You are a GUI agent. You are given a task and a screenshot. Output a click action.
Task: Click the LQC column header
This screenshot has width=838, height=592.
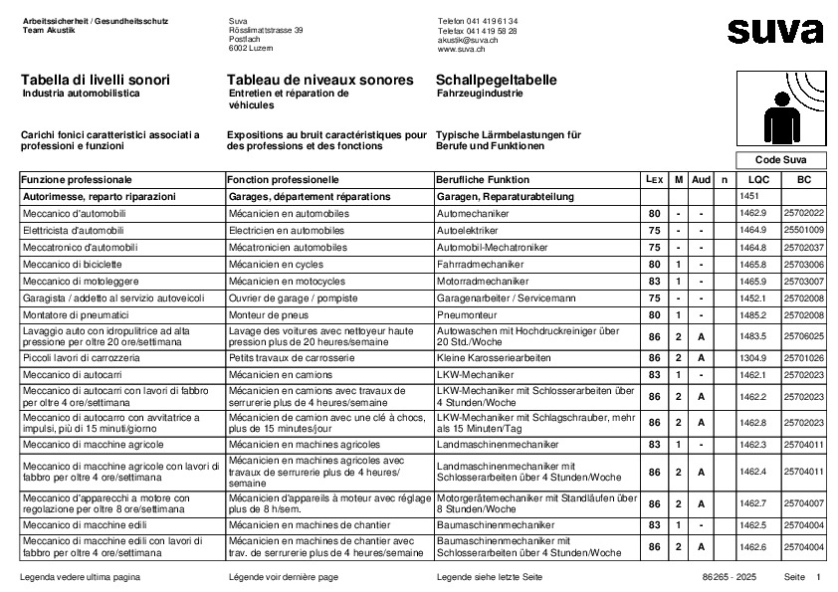point(758,180)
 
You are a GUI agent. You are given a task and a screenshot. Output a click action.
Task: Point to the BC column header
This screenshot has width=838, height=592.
point(804,180)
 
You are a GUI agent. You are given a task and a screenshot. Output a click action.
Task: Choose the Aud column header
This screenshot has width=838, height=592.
point(701,180)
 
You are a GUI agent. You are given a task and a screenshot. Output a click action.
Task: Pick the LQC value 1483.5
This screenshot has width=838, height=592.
point(753,336)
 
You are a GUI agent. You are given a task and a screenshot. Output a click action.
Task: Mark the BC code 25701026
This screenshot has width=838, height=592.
point(804,357)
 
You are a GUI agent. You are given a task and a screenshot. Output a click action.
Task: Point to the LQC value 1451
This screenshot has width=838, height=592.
point(749,197)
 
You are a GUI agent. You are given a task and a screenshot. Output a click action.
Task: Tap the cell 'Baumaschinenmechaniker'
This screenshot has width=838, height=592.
point(496,524)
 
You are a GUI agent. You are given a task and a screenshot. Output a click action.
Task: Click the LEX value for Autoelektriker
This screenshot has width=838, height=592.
point(654,231)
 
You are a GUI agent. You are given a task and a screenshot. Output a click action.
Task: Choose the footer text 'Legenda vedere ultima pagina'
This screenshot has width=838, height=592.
point(81,577)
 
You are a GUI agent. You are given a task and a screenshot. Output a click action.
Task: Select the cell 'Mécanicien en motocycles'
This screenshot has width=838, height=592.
point(287,282)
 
